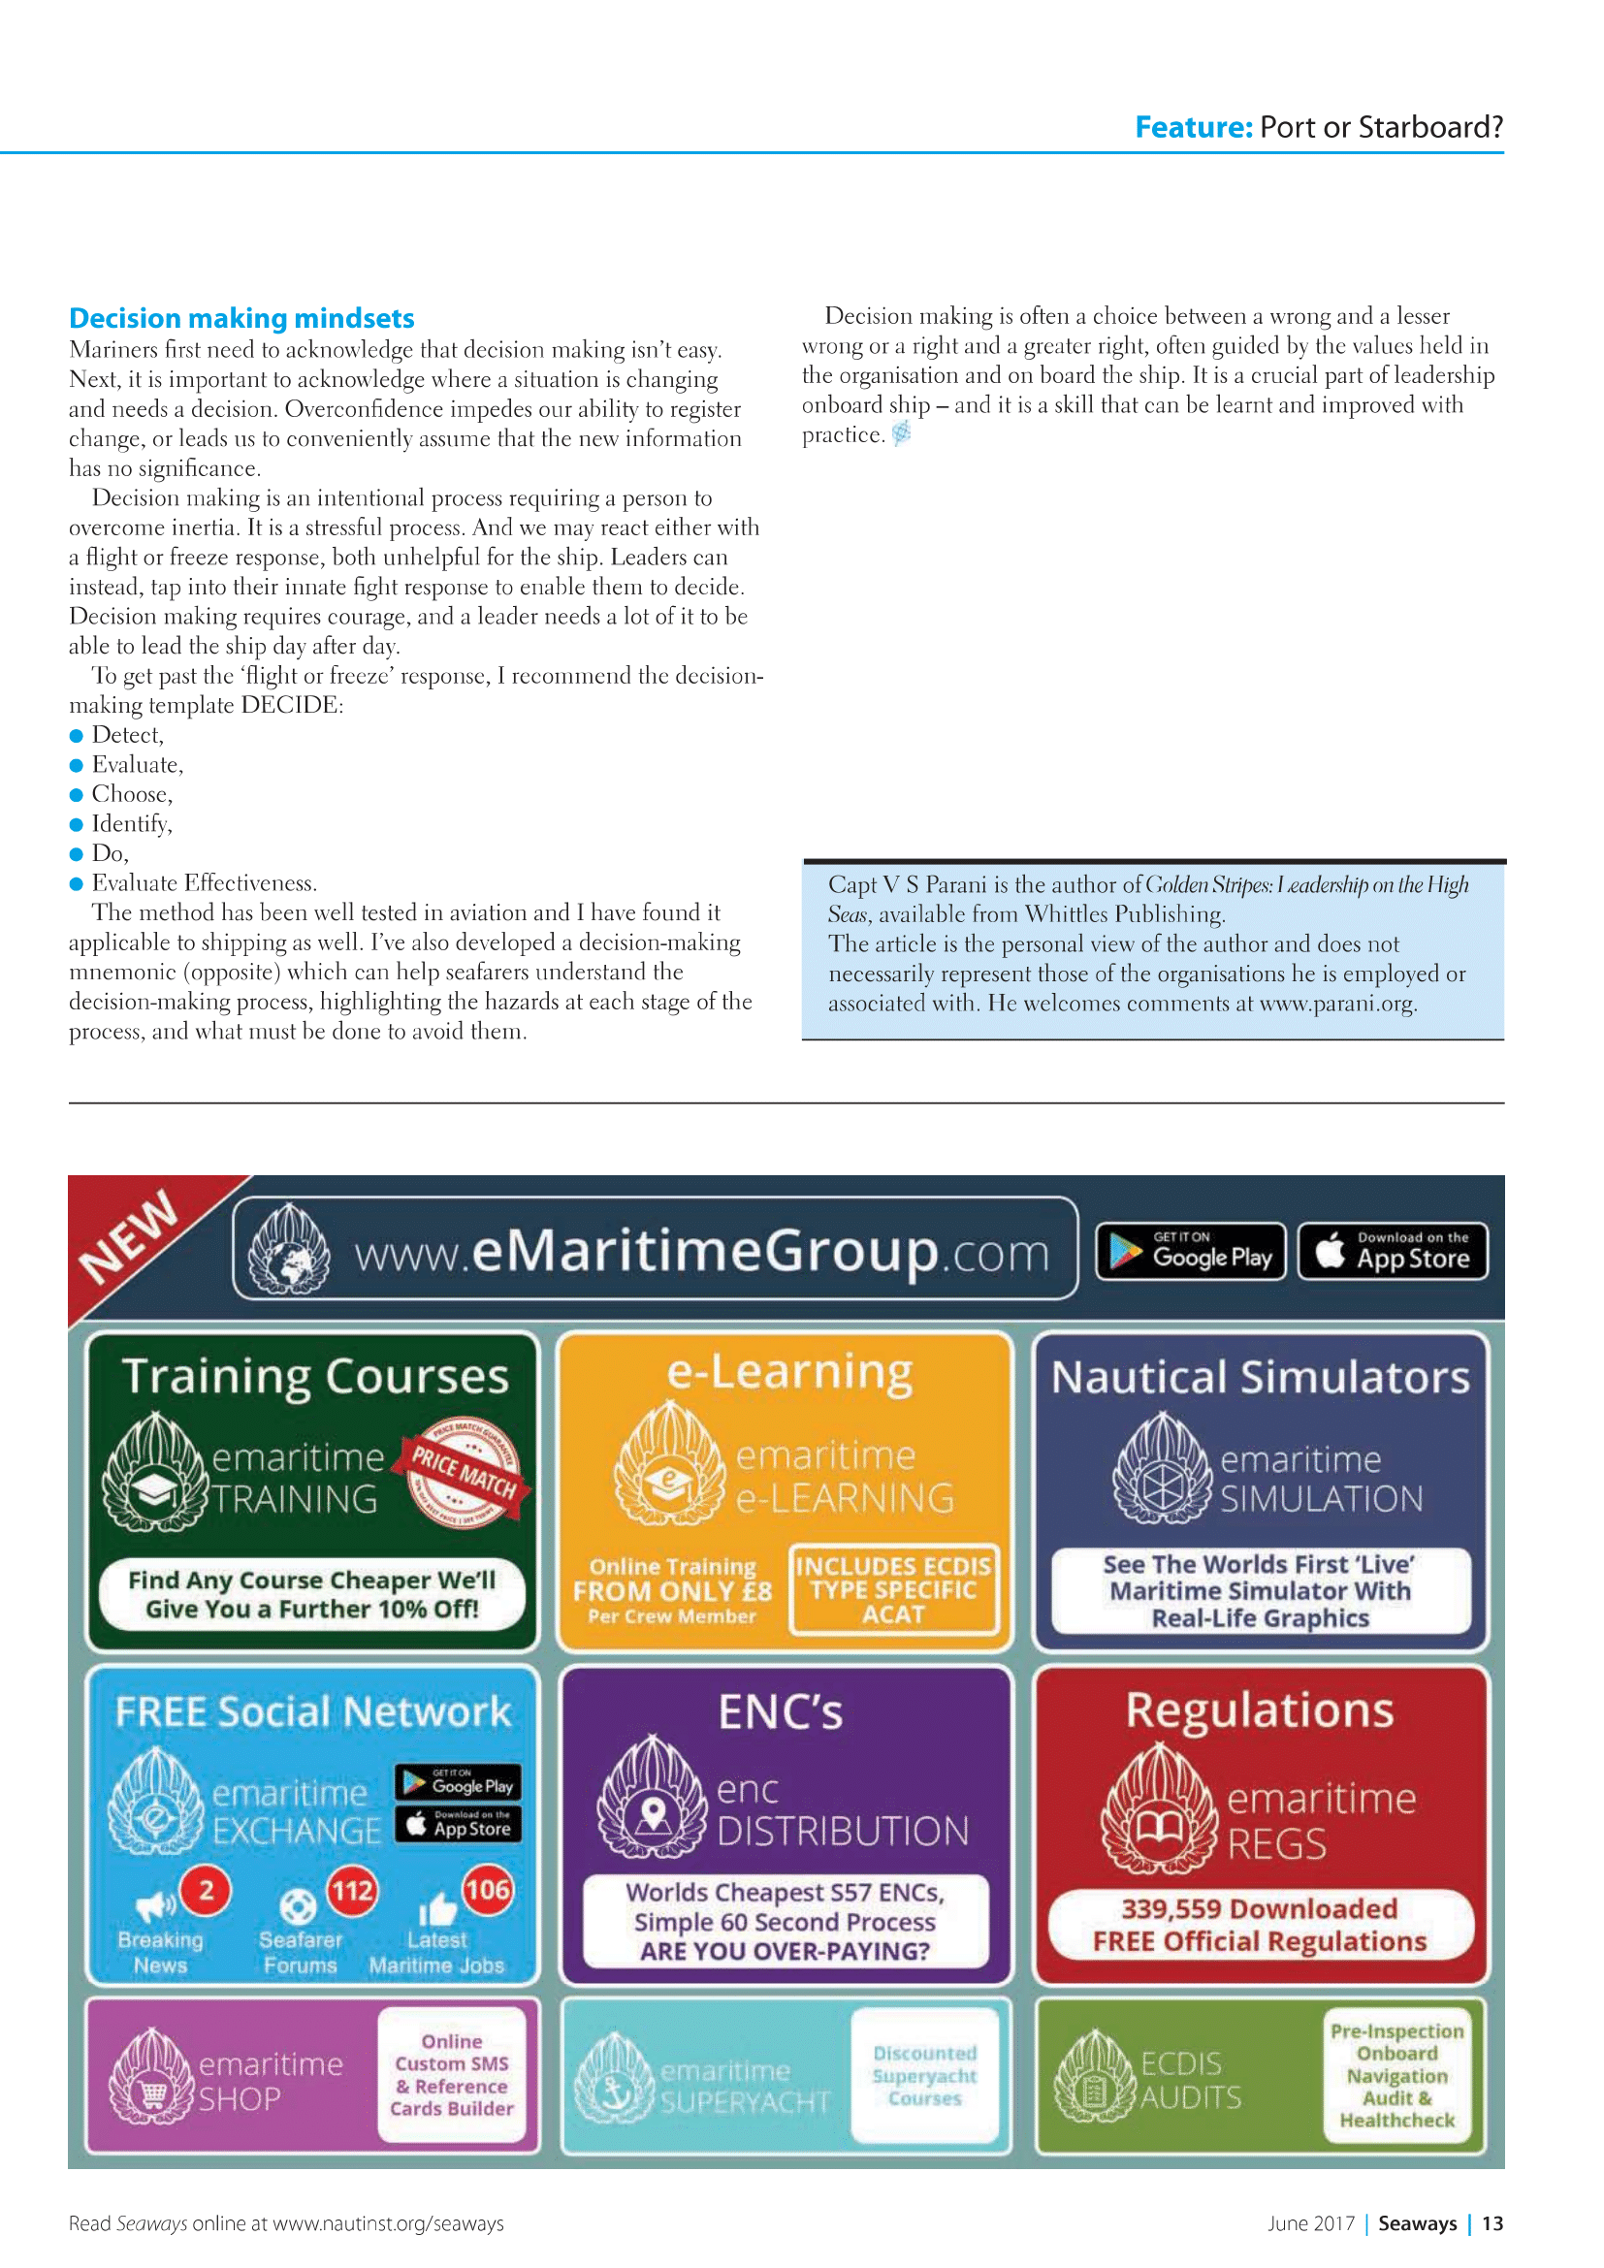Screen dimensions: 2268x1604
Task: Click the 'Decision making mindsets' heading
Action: (x=241, y=318)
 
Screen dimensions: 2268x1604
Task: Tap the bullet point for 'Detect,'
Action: (x=76, y=736)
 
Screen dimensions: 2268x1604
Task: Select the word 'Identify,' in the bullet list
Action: (x=131, y=824)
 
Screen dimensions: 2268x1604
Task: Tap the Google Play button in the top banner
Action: (x=1190, y=1252)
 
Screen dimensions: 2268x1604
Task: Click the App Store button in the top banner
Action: (x=1393, y=1252)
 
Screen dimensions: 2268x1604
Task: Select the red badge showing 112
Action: (x=352, y=1891)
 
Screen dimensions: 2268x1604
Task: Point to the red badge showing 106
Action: (x=487, y=1890)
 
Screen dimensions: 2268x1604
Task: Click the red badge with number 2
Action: (x=207, y=1891)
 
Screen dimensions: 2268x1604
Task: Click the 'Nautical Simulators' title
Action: (x=1260, y=1377)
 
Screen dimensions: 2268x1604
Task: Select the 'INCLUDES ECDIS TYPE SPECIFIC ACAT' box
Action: (x=894, y=1589)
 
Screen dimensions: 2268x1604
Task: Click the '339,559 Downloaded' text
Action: (x=1260, y=1908)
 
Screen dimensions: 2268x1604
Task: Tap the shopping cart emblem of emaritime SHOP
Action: (x=152, y=2092)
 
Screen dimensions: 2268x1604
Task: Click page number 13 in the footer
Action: (x=1492, y=2223)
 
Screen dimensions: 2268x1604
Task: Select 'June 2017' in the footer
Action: (x=1311, y=2223)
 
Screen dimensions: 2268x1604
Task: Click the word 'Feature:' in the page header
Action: (x=1193, y=127)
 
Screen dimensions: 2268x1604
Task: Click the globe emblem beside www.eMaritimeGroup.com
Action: (x=289, y=1251)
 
